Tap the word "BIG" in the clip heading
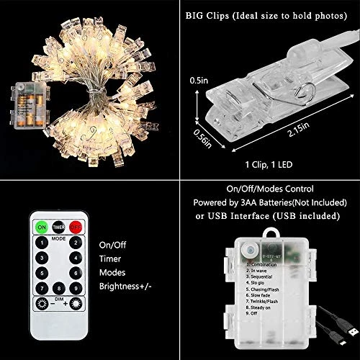193,12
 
